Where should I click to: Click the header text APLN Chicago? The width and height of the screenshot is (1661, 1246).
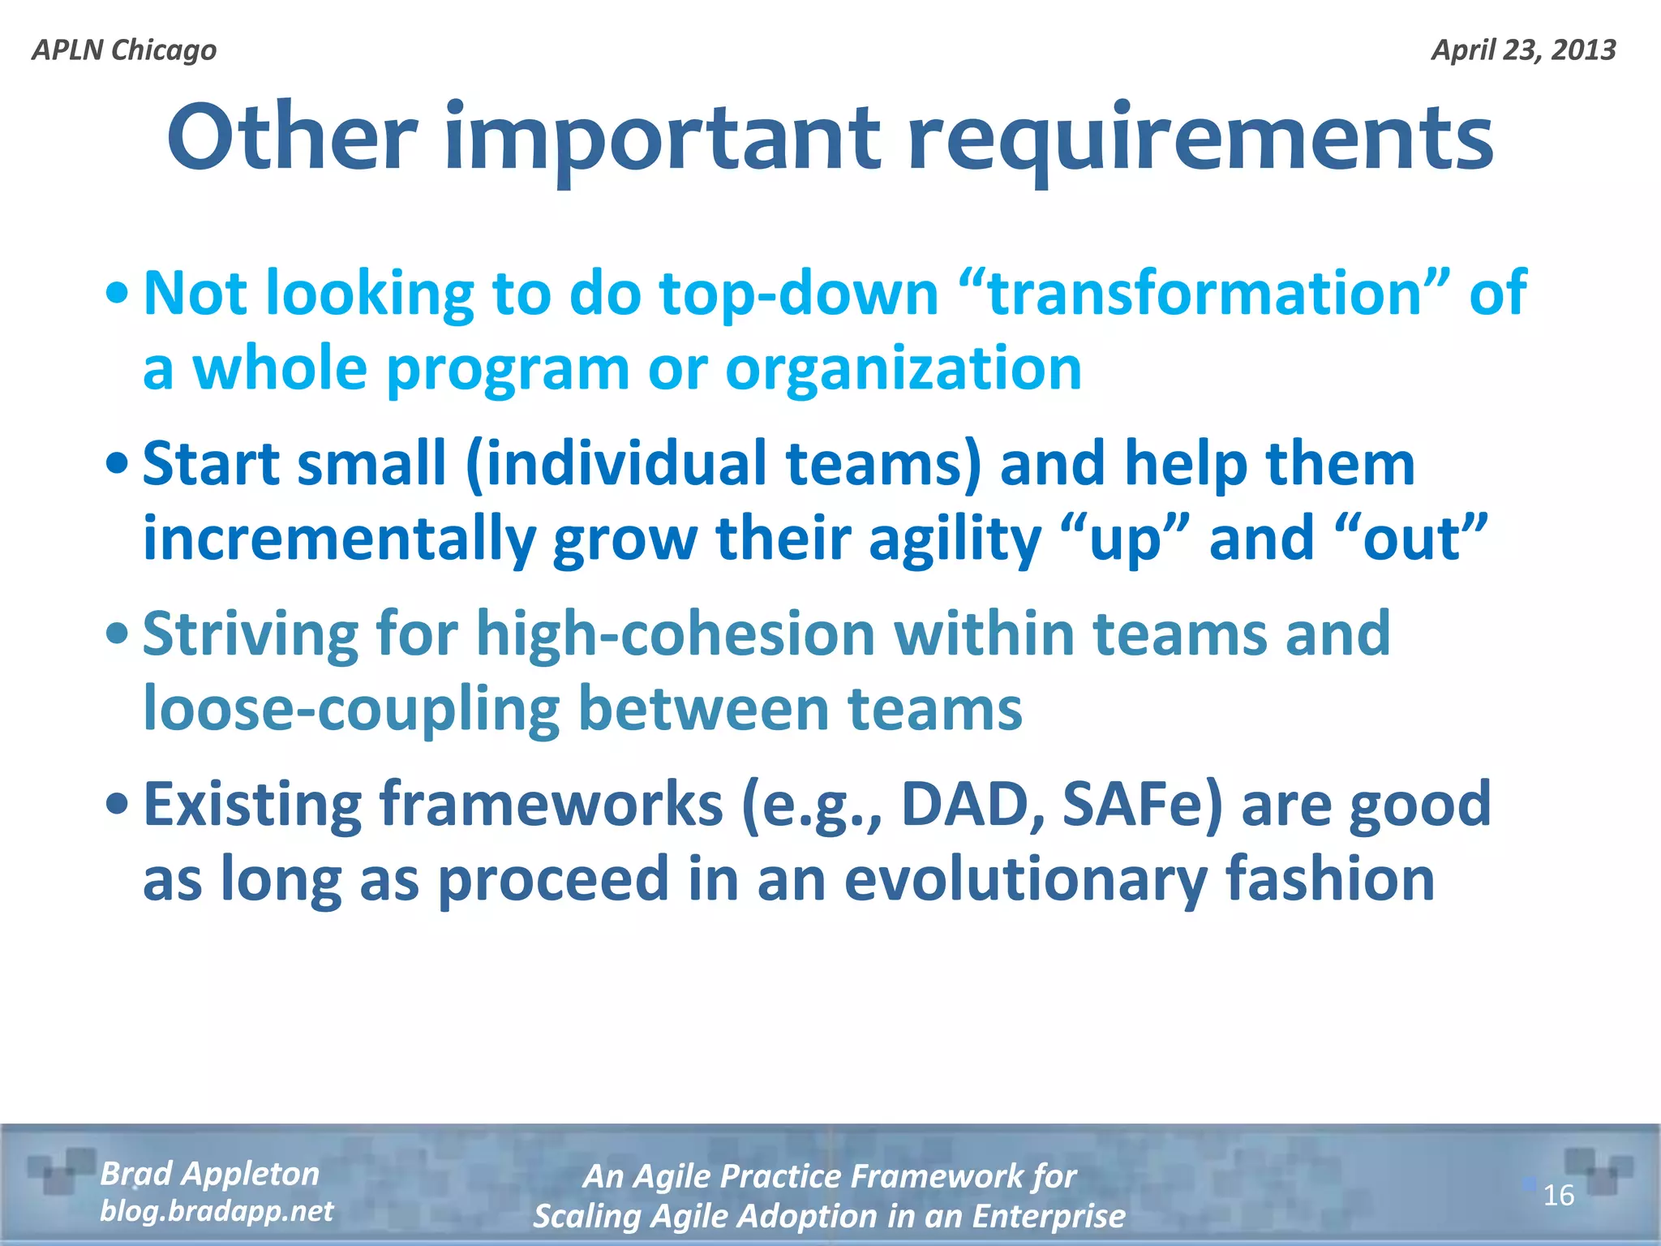click(x=124, y=50)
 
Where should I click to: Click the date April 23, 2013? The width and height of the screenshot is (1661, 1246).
click(x=1523, y=50)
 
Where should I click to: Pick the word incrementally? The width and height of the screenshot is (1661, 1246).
click(x=340, y=539)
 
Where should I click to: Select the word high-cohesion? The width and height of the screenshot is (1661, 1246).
click(x=675, y=634)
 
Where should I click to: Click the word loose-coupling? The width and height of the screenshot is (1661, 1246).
click(x=351, y=709)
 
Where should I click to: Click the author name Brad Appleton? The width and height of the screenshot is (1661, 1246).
click(x=210, y=1174)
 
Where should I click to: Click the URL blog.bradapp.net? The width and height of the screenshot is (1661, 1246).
click(x=217, y=1211)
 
